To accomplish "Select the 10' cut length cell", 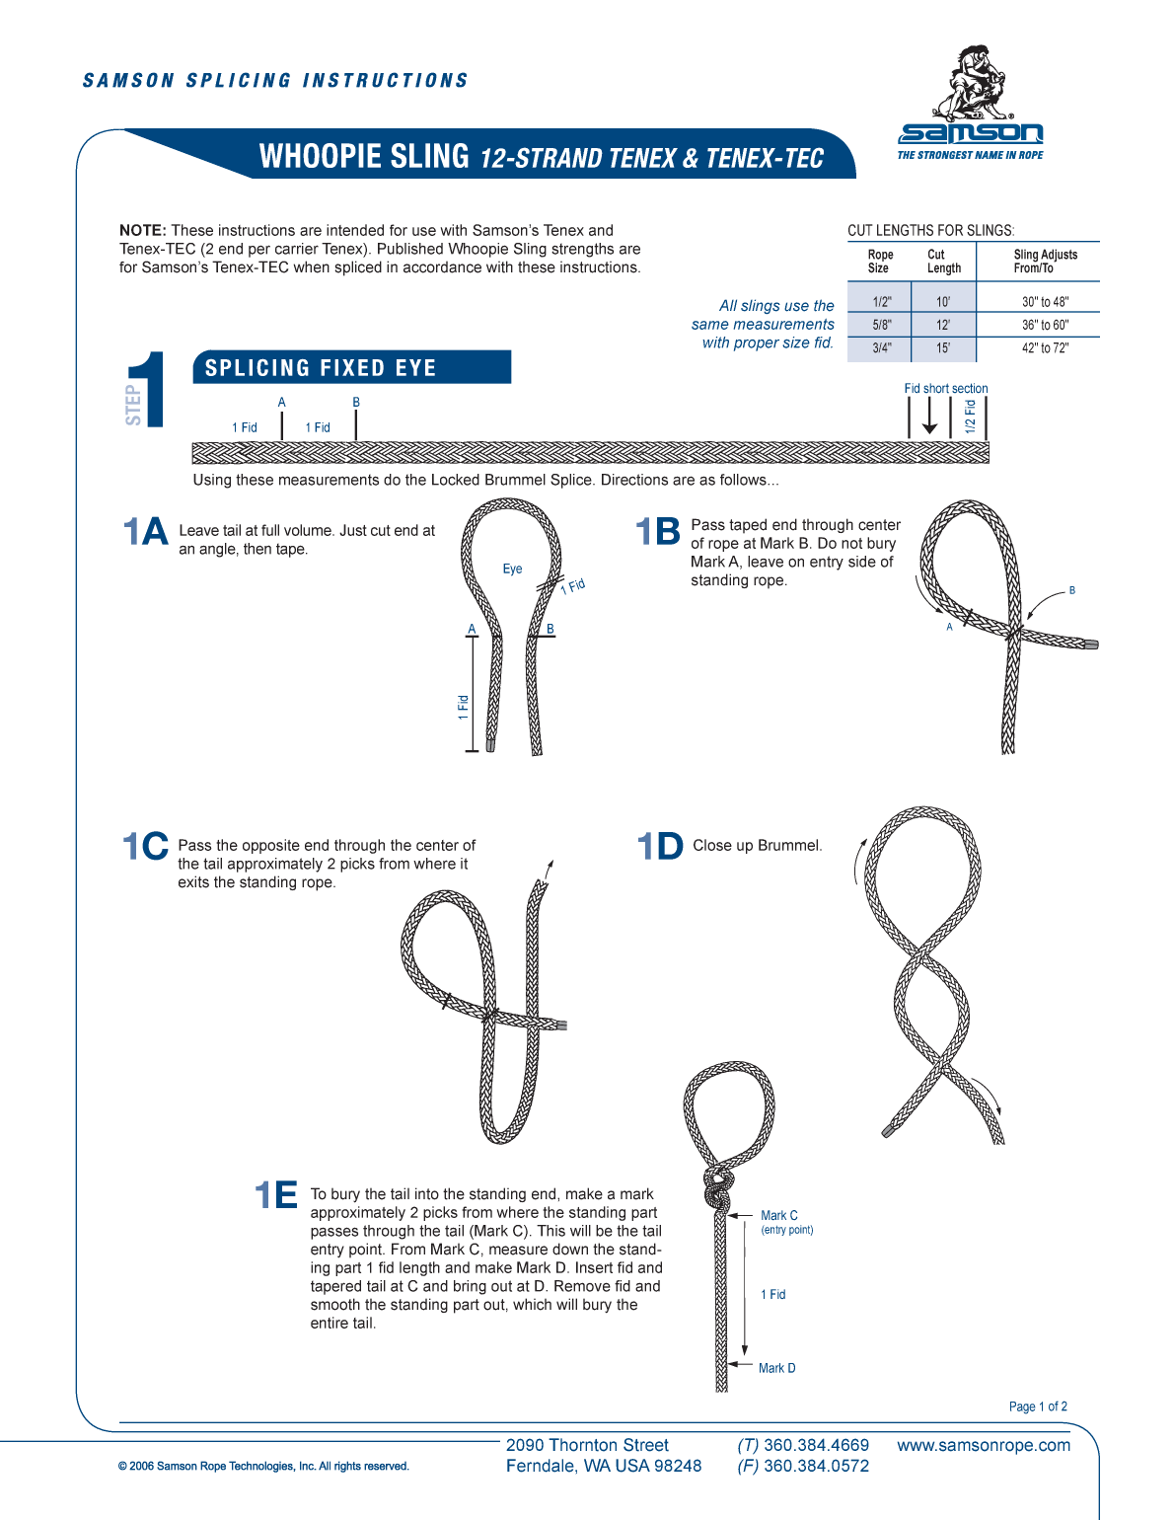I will (943, 302).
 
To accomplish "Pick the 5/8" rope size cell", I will (881, 325).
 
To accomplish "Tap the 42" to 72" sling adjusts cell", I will (1045, 347).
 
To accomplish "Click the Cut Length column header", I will (943, 262).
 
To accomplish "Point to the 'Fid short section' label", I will (945, 389).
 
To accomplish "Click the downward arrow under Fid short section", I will (929, 419).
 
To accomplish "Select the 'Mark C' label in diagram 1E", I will (779, 1216).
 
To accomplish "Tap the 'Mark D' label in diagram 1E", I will (776, 1368).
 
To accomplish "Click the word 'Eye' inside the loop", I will (512, 570).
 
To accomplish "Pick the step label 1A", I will (146, 532).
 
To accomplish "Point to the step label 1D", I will (659, 846).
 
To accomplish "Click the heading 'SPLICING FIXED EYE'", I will (321, 368).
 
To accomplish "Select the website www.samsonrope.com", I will (983, 1445).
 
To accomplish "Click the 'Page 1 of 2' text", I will (1038, 1406).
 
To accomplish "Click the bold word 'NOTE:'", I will (143, 231).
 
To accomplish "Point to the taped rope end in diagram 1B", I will (1091, 645).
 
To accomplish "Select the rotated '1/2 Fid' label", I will (970, 417).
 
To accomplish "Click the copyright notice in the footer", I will (263, 1466).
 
